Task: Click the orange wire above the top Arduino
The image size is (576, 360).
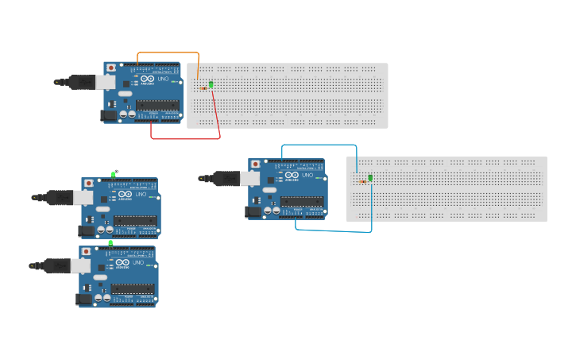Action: pos(167,53)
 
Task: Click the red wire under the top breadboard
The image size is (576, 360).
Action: pos(184,138)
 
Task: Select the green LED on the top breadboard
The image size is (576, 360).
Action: pos(211,84)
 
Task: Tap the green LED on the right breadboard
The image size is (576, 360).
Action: pos(370,177)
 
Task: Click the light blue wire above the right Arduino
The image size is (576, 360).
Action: pos(318,145)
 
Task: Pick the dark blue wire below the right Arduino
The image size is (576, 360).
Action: pos(334,230)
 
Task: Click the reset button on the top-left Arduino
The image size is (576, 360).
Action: pos(110,68)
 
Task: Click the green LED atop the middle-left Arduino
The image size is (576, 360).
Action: pos(114,172)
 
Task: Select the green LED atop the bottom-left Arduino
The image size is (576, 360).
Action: pos(110,242)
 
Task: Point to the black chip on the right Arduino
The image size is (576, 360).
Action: pos(301,201)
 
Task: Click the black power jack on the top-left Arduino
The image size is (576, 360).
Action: pos(109,116)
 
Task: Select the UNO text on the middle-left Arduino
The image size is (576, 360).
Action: pos(141,194)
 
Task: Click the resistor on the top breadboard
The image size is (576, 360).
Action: pos(203,88)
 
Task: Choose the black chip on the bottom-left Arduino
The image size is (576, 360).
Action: pos(132,288)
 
